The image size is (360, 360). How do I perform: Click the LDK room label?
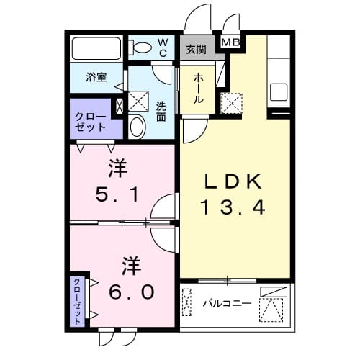[x=234, y=181]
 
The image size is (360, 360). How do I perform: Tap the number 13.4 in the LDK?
[x=234, y=208]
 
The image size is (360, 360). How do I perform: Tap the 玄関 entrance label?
[x=195, y=50]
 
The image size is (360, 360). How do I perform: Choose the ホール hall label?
[x=197, y=89]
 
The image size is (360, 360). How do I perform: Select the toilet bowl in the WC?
[x=141, y=48]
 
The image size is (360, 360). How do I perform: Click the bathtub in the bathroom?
[x=98, y=49]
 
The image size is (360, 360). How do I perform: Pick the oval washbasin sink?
[x=138, y=127]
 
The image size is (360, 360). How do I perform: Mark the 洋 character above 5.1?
[x=119, y=169]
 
